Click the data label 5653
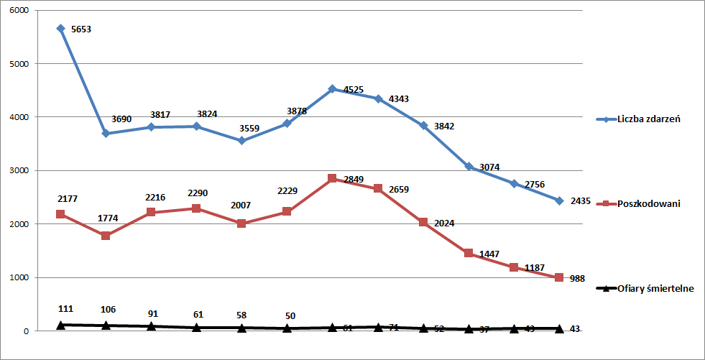click(81, 29)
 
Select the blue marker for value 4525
click(332, 89)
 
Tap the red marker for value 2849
click(332, 178)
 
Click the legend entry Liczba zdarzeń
click(649, 119)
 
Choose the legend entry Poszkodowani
click(649, 203)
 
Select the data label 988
click(579, 278)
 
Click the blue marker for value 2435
click(559, 200)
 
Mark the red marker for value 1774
click(106, 236)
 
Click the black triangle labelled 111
click(60, 325)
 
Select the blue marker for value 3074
click(469, 166)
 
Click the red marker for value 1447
click(469, 253)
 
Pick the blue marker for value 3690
click(106, 133)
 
